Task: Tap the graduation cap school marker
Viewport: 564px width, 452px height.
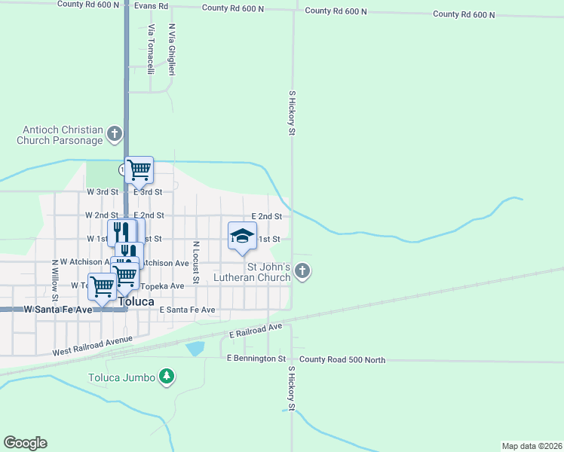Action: [x=242, y=235]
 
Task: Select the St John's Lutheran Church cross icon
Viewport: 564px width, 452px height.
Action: [x=302, y=270]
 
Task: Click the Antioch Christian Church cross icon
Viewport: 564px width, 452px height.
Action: [x=115, y=135]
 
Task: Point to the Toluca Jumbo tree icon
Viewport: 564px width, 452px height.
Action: [x=167, y=377]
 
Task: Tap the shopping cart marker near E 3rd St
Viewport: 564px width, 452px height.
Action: [x=139, y=169]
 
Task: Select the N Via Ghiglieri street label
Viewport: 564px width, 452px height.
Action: [x=172, y=50]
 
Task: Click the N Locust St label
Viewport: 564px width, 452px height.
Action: [x=195, y=262]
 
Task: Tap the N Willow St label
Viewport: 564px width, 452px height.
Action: [x=54, y=279]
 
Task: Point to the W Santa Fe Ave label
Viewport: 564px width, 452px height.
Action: [x=58, y=310]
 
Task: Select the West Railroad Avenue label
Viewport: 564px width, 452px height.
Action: [x=93, y=347]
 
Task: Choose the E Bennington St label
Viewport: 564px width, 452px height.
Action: [x=256, y=359]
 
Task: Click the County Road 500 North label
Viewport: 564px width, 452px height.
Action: [x=342, y=360]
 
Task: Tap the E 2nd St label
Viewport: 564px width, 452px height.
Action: [x=266, y=216]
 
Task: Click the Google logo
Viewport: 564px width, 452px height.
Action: [x=25, y=443]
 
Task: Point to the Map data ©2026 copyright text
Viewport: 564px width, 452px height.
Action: [x=532, y=446]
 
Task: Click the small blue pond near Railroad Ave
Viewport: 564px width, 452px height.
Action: [x=195, y=348]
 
